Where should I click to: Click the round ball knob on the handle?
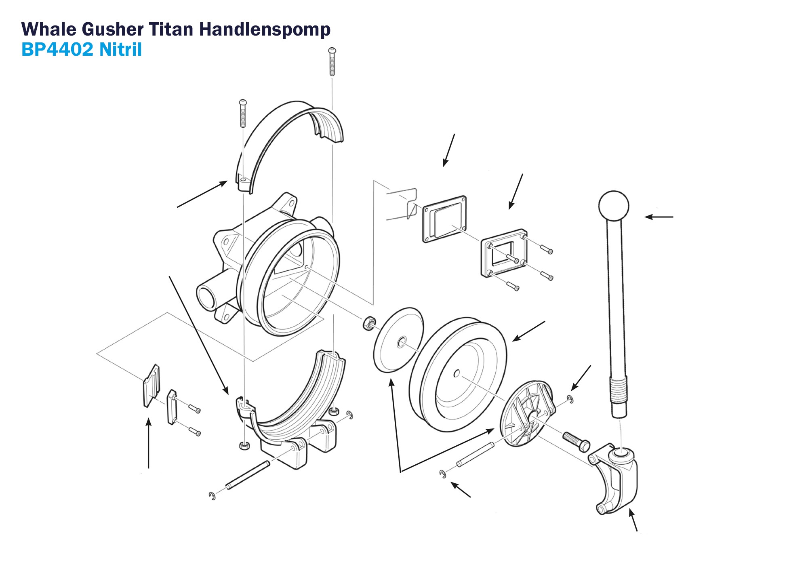point(613,206)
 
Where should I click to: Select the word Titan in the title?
point(171,29)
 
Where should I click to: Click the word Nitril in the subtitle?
point(120,49)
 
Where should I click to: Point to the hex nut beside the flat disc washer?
point(368,323)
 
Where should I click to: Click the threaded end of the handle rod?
point(618,390)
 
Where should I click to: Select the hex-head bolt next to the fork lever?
point(576,441)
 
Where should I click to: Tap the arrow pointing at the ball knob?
point(659,217)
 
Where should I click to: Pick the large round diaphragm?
point(458,374)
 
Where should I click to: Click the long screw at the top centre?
point(332,62)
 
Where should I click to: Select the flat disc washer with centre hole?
point(398,339)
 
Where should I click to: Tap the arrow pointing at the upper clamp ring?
point(202,194)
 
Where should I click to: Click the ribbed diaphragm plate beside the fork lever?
point(526,413)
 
